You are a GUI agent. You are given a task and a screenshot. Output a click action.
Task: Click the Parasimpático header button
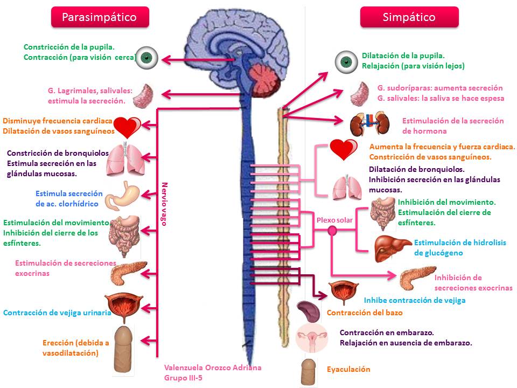[x=99, y=17]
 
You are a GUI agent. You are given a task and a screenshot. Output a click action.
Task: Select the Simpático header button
[x=409, y=17]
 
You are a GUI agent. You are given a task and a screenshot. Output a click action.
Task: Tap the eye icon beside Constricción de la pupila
[x=145, y=58]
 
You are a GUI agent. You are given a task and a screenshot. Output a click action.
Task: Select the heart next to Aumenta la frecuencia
[x=343, y=150]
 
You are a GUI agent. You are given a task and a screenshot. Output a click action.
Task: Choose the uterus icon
[x=312, y=338]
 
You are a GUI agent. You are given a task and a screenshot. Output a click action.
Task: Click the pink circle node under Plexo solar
[x=332, y=231]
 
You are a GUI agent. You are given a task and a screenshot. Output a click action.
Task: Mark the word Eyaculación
[x=348, y=369]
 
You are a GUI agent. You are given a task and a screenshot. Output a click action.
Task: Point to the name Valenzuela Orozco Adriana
[x=213, y=368]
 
